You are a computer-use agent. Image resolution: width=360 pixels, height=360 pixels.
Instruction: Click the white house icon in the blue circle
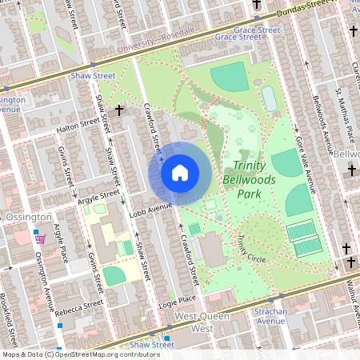coord(180,172)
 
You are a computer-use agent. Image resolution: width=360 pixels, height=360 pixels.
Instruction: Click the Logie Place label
coord(178,299)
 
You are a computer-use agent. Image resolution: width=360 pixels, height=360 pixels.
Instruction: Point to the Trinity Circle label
coord(250,250)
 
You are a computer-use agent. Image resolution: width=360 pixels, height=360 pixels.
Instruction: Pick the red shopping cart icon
coord(40,238)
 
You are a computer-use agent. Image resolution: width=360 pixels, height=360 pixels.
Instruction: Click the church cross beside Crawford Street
coord(119,110)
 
